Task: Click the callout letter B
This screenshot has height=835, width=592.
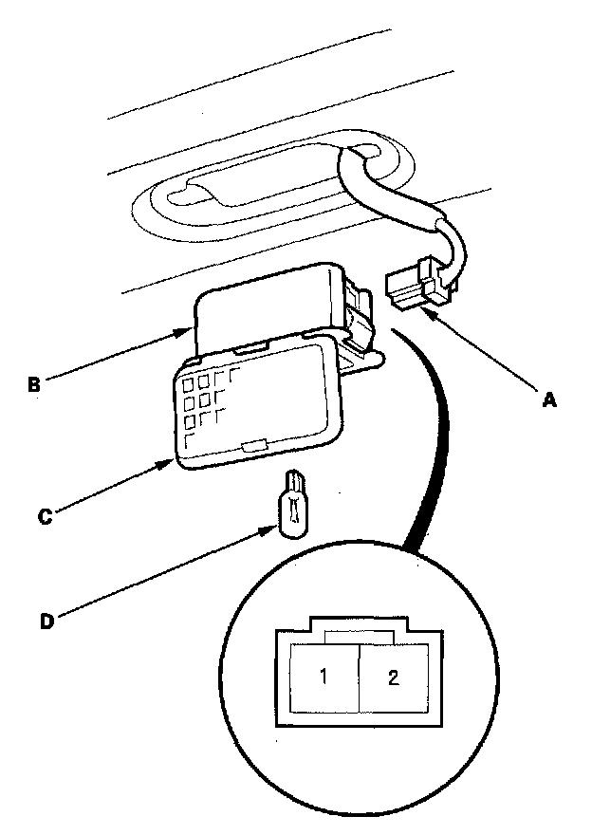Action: tap(33, 385)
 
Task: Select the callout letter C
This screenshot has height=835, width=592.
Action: tap(43, 517)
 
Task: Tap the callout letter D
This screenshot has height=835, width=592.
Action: tap(46, 622)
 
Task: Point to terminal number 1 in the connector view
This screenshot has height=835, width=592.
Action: tap(323, 677)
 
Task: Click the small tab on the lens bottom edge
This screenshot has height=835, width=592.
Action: tap(252, 445)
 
